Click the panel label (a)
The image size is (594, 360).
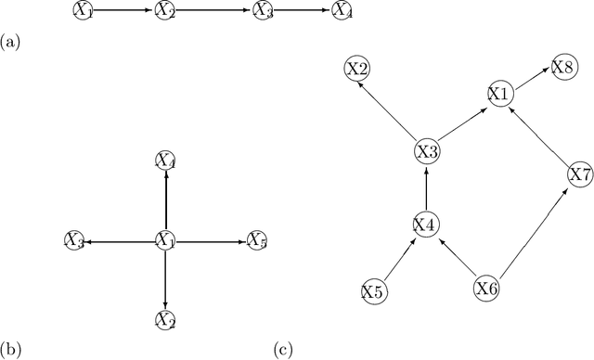coord(9,42)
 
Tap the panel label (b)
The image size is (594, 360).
coord(9,350)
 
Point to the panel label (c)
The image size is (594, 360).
coord(282,350)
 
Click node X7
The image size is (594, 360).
coord(579,174)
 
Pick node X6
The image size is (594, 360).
coord(488,289)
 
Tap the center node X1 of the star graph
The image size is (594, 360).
coord(165,241)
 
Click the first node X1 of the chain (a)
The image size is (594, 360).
coord(84,11)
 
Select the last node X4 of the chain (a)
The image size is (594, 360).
coord(342,11)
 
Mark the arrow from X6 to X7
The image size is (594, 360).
coord(533,232)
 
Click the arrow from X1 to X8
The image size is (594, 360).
coord(531,80)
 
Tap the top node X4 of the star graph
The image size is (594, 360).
coord(165,162)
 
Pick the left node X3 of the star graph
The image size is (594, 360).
coord(74,241)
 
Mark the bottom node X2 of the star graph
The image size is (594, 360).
coord(165,320)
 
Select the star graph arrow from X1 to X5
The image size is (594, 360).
coord(211,241)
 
